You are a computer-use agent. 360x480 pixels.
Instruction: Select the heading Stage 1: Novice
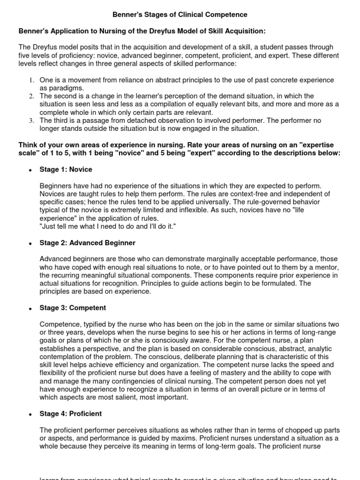pyautogui.click(x=66, y=169)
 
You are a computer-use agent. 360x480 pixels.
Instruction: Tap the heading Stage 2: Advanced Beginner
pyautogui.click(x=88, y=243)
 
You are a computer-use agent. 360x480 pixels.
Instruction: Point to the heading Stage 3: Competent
pyautogui.click(x=73, y=308)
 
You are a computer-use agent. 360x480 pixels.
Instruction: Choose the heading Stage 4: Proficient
pyautogui.click(x=71, y=414)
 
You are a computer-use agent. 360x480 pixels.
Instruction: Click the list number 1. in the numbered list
pyautogui.click(x=30, y=81)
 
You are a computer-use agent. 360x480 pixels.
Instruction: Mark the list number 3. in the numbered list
pyautogui.click(x=30, y=120)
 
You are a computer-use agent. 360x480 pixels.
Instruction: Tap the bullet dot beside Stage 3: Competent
pyautogui.click(x=30, y=309)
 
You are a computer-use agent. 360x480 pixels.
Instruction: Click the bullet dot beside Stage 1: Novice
pyautogui.click(x=30, y=170)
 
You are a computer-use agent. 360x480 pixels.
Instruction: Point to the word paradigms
pyautogui.click(x=67, y=88)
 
